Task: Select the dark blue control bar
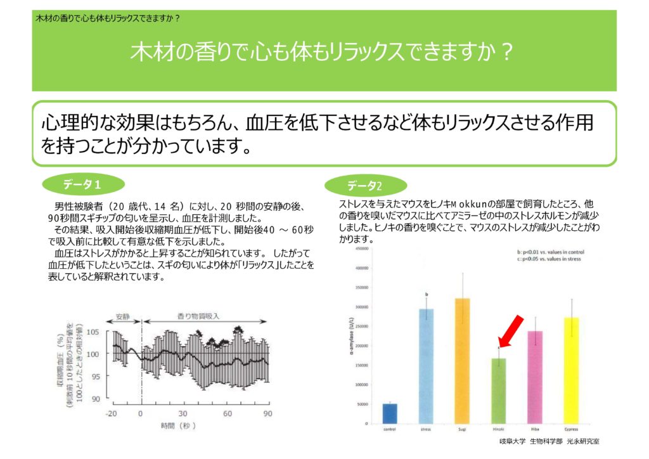[390, 413]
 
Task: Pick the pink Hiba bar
[535, 377]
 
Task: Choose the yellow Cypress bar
[571, 370]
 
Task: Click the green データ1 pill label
[82, 184]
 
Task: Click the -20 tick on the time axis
[112, 413]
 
